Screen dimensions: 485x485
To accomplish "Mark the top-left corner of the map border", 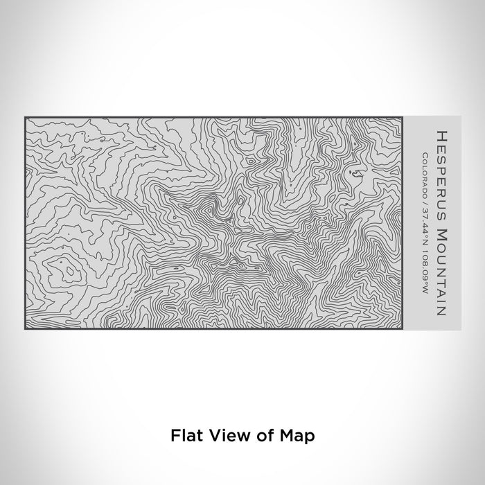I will [x=25, y=116].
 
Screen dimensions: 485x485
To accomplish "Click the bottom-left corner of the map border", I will [x=25, y=328].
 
